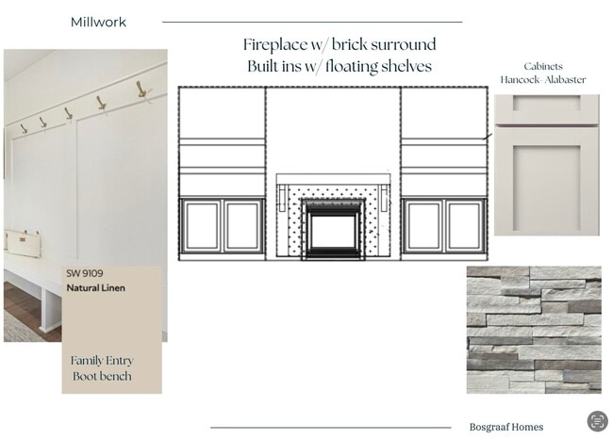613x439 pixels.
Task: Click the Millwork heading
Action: tap(98, 23)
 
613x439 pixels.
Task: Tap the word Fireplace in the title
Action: tap(275, 45)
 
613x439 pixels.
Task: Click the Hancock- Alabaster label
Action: tap(543, 80)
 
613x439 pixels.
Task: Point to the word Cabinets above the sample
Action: tap(543, 66)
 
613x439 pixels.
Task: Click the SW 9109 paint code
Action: tap(85, 273)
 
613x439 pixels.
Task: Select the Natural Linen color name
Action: tap(96, 288)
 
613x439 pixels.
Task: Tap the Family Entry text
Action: tap(102, 361)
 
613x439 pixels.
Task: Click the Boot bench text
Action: tap(102, 376)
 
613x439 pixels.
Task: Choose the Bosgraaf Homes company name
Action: tap(506, 427)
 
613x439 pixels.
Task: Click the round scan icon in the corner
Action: tap(597, 421)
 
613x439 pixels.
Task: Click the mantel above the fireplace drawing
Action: tap(334, 179)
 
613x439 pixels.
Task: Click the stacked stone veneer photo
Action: tap(534, 330)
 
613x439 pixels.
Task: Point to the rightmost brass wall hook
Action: tap(141, 89)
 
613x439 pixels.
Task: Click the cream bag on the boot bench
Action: tap(23, 243)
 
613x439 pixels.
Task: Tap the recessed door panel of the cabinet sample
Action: tap(547, 188)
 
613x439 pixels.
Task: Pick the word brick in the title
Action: tap(350, 45)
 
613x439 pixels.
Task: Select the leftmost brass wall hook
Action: tap(24, 129)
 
